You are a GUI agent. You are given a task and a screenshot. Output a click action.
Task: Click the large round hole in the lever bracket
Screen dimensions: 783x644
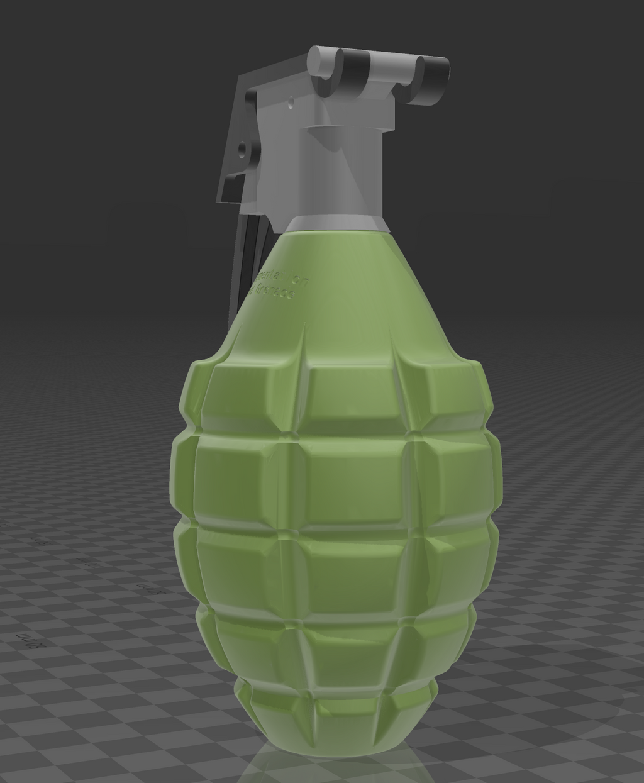pos(242,151)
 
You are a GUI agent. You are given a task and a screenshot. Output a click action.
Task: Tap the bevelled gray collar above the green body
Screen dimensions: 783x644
pos(336,223)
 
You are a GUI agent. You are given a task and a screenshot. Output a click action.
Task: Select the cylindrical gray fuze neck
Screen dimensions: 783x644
pos(343,170)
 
